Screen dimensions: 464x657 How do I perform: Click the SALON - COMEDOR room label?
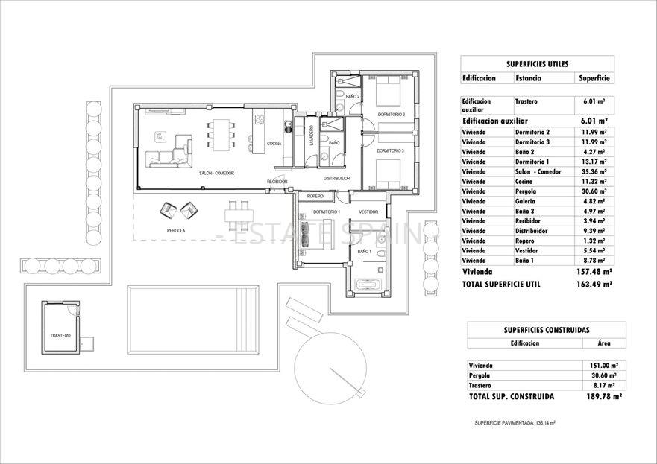pyautogui.click(x=216, y=174)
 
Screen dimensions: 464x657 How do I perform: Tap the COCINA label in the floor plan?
pyautogui.click(x=274, y=143)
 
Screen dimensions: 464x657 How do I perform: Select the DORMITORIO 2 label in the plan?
pyautogui.click(x=391, y=115)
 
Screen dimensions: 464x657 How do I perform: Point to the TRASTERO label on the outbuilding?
pyautogui.click(x=60, y=336)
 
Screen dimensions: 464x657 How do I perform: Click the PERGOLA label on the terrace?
pyautogui.click(x=176, y=231)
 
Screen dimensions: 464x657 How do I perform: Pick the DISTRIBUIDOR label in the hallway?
pyautogui.click(x=337, y=179)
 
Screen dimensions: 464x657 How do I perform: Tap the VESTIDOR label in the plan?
pyautogui.click(x=369, y=212)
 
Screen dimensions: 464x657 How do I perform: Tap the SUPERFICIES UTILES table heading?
pyautogui.click(x=537, y=64)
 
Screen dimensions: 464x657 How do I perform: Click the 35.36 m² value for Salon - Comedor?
pyautogui.click(x=593, y=171)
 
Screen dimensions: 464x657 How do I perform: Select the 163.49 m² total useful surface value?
pyautogui.click(x=589, y=285)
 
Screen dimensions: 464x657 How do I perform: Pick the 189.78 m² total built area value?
pyautogui.click(x=601, y=398)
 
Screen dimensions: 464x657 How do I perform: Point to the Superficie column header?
pyautogui.click(x=594, y=78)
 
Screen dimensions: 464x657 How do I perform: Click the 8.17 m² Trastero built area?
pyautogui.click(x=602, y=386)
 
